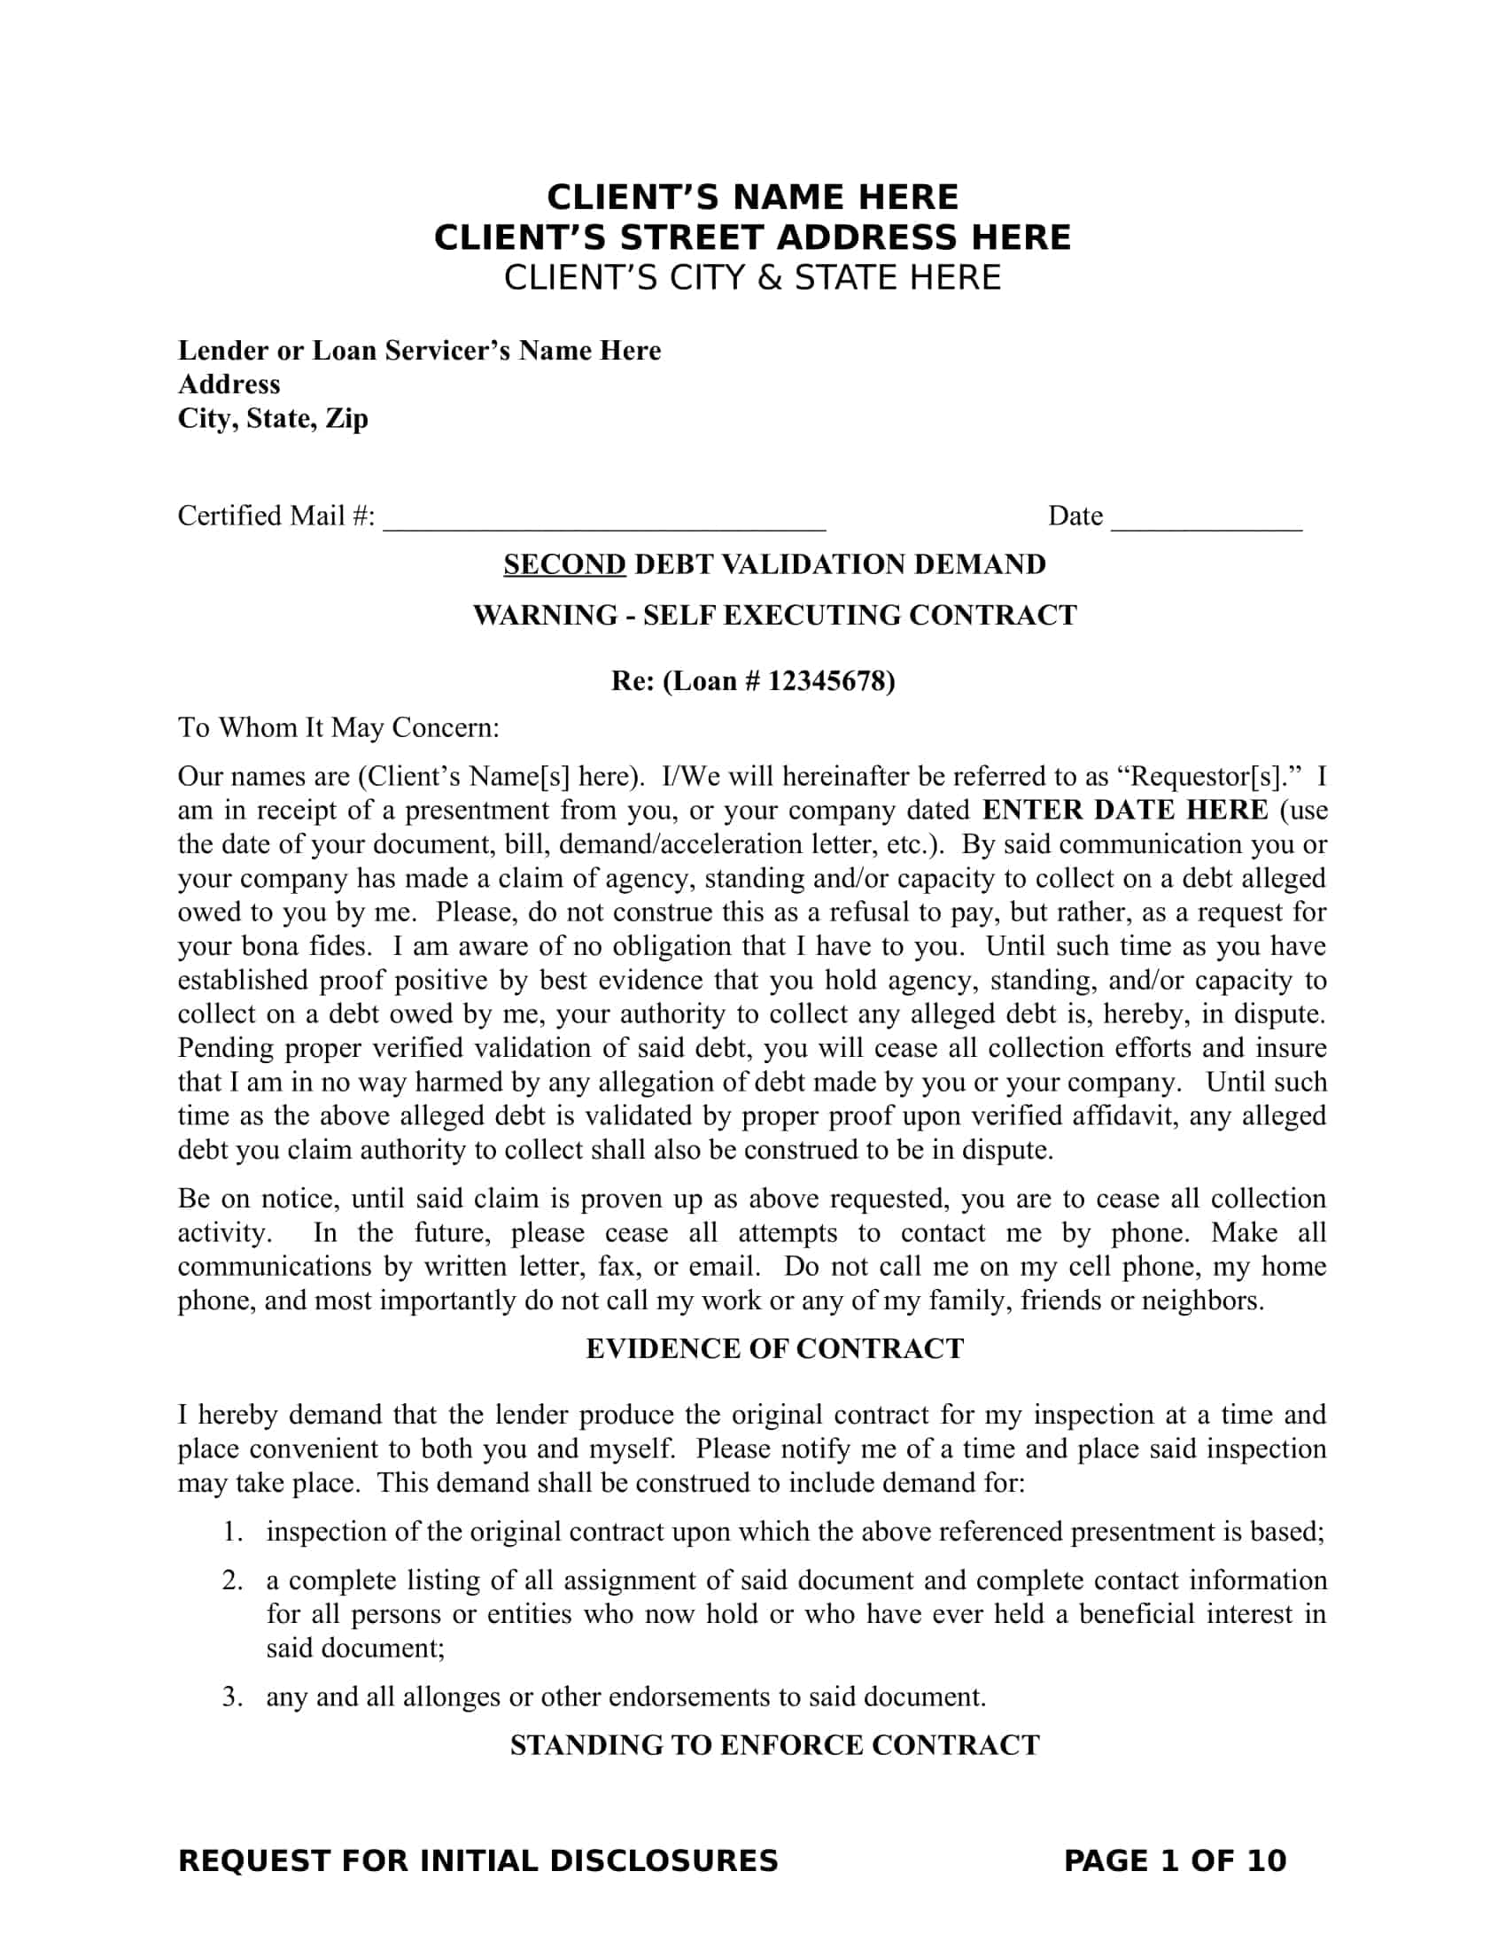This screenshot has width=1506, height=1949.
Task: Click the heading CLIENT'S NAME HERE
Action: coord(752,198)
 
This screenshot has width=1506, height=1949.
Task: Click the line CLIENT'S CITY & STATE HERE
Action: coord(752,278)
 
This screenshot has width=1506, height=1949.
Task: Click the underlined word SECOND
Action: coord(565,565)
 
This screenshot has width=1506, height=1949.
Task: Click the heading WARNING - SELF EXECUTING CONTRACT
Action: coord(774,616)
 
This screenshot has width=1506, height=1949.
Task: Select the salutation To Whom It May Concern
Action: coord(338,728)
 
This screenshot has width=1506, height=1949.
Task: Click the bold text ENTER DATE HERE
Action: coord(1125,811)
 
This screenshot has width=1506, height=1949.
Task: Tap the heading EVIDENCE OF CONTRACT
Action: coord(774,1348)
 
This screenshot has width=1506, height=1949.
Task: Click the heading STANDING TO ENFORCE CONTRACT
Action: coord(774,1744)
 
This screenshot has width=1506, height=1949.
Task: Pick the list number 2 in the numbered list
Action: coord(232,1581)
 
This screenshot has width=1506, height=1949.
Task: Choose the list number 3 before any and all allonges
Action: coord(232,1697)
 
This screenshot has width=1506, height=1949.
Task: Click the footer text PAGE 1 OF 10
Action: coord(1175,1860)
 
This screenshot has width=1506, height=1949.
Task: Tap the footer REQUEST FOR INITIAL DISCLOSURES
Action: coord(478,1860)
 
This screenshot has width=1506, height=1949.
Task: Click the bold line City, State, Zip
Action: coord(273,418)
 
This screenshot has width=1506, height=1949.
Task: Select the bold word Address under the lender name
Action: coord(229,384)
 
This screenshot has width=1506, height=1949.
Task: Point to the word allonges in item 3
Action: coord(452,1697)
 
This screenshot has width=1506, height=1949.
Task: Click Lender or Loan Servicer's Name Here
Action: coord(419,351)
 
